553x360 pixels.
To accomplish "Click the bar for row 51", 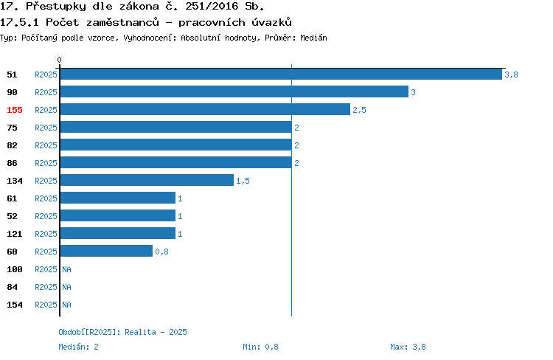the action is click(281, 74).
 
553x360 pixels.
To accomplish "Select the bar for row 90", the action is click(234, 91).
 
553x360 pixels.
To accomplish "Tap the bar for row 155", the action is click(205, 109).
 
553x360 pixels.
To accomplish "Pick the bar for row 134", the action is click(147, 180).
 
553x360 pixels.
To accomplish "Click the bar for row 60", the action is click(106, 251).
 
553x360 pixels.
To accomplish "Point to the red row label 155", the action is click(15, 110).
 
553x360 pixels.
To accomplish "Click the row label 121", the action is click(15, 234).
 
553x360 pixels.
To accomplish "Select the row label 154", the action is click(15, 305).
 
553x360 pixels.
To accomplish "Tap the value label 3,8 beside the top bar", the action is click(511, 75).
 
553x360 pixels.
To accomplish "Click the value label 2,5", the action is click(359, 110).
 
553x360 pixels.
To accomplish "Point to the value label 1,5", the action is click(243, 181).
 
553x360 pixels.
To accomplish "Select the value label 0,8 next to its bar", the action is click(162, 252).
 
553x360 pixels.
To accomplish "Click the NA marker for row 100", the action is click(66, 269).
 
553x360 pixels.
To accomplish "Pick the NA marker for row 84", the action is click(66, 287).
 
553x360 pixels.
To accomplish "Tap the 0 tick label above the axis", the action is click(59, 60).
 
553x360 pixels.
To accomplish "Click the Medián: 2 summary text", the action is click(78, 347).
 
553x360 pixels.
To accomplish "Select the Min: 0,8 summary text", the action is click(260, 347).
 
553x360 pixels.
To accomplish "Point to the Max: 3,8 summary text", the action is click(408, 347).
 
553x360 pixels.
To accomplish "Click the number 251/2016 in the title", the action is click(212, 6).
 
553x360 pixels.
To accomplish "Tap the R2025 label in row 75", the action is click(46, 128).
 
